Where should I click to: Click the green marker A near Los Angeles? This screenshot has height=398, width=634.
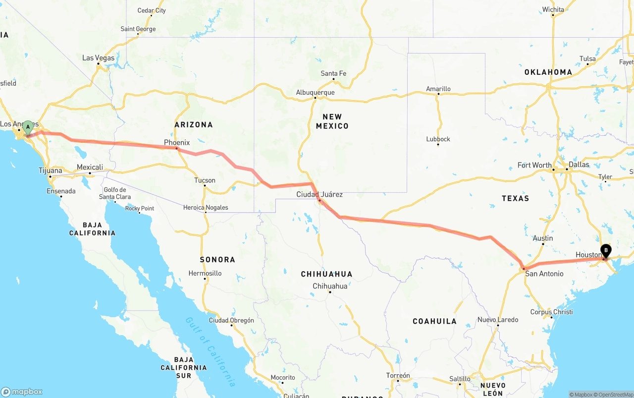pyautogui.click(x=28, y=127)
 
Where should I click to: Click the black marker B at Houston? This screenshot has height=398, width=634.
pyautogui.click(x=606, y=251)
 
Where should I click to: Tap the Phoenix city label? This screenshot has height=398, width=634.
pyautogui.click(x=177, y=143)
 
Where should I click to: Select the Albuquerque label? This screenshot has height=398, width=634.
pyautogui.click(x=315, y=93)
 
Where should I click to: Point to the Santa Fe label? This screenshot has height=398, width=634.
pyautogui.click(x=333, y=74)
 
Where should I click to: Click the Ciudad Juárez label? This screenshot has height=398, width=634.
pyautogui.click(x=319, y=195)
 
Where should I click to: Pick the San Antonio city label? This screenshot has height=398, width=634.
pyautogui.click(x=544, y=274)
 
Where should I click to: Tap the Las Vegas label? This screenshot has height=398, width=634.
pyautogui.click(x=98, y=58)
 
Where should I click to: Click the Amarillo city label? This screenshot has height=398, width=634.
pyautogui.click(x=438, y=89)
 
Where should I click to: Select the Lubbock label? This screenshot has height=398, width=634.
pyautogui.click(x=438, y=139)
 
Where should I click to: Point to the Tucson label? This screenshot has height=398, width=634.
pyautogui.click(x=205, y=180)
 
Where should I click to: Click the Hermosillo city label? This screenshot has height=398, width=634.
pyautogui.click(x=205, y=274)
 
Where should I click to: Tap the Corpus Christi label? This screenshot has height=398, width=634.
pyautogui.click(x=551, y=312)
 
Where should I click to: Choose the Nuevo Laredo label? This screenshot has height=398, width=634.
pyautogui.click(x=498, y=320)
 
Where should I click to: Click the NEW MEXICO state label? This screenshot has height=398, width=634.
pyautogui.click(x=332, y=121)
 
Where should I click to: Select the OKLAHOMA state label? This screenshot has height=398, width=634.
pyautogui.click(x=548, y=72)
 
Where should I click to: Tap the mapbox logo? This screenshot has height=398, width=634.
pyautogui.click(x=22, y=392)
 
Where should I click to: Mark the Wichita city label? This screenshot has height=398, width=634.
pyautogui.click(x=553, y=9)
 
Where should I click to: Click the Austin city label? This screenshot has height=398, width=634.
pyautogui.click(x=543, y=238)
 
